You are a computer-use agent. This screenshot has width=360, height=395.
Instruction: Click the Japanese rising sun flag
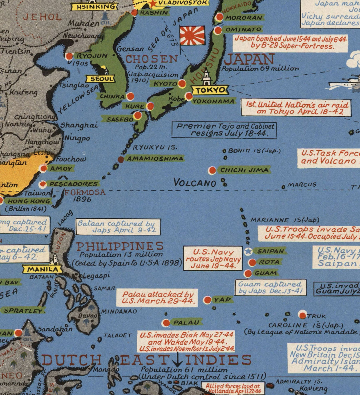pos(192,35)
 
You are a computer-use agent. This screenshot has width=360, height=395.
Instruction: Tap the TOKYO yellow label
pos(210,90)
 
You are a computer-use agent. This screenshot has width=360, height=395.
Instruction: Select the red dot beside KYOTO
pos(182,84)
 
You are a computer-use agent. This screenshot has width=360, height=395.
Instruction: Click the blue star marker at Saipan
pos(248,251)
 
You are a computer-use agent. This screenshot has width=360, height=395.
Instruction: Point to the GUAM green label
pos(266,273)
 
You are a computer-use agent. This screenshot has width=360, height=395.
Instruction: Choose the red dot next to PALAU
pos(166,323)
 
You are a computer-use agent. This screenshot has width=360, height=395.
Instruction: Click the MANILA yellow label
pos(42,269)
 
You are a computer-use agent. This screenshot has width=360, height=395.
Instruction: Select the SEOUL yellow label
pos(98,79)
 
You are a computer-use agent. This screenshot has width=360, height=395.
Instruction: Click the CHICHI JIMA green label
pos(244,170)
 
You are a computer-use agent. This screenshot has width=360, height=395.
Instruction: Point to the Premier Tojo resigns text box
pos(224,130)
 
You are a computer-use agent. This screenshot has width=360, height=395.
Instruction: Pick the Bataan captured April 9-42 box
pos(118,227)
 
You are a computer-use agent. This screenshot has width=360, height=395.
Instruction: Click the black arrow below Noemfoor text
pos(177,359)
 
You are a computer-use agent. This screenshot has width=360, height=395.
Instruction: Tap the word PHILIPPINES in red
pos(120,246)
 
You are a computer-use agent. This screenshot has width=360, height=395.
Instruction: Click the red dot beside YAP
pos(207,300)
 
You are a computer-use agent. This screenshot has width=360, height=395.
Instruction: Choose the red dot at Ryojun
pos(69,56)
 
